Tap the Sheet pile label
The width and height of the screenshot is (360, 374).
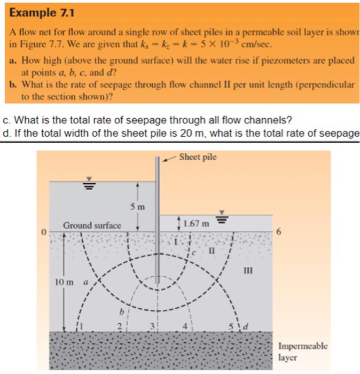pyautogui.click(x=198, y=157)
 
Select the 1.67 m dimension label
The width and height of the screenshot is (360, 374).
pyautogui.click(x=197, y=223)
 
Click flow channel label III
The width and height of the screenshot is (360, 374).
pyautogui.click(x=247, y=270)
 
